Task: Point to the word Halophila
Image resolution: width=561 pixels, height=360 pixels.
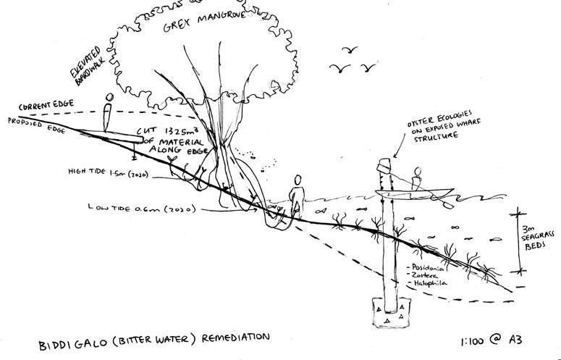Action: [x=429, y=285]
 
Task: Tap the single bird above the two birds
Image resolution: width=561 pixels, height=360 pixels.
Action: [x=352, y=50]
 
